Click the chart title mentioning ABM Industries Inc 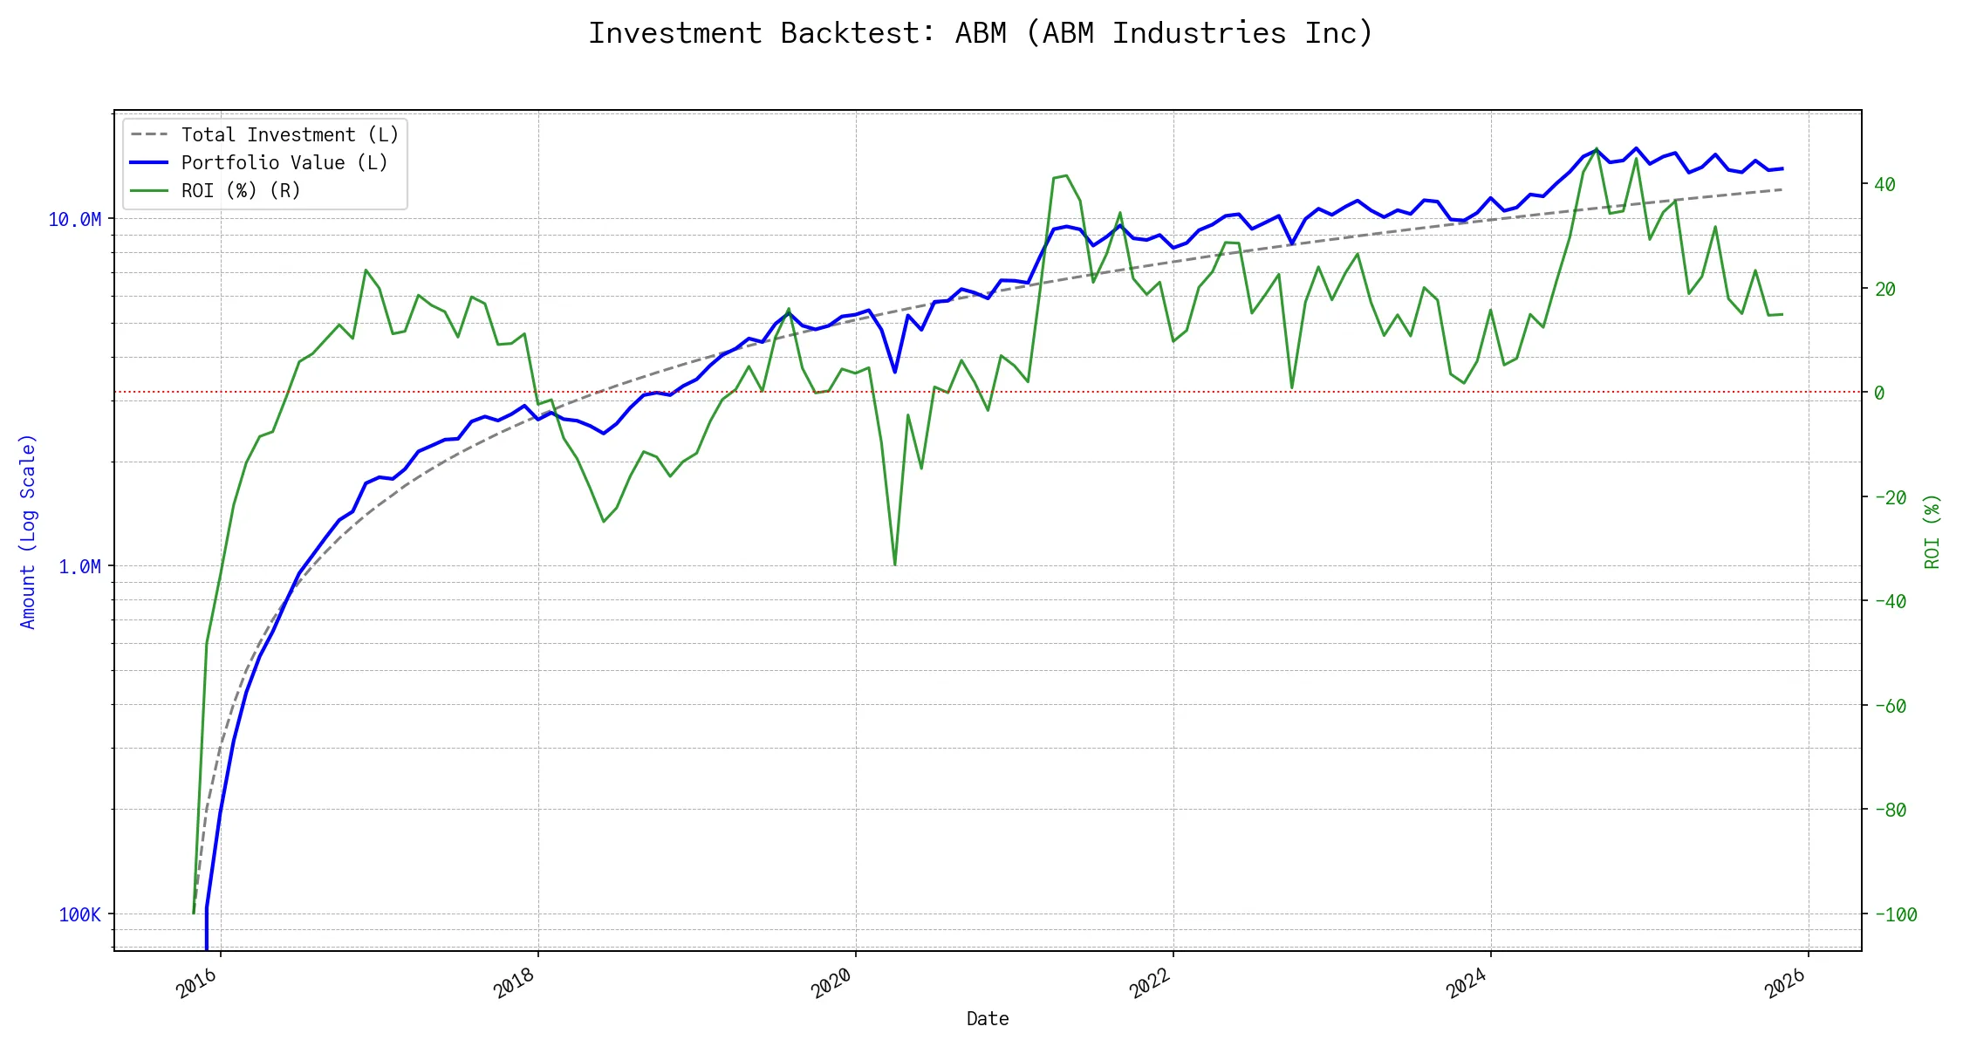point(981,33)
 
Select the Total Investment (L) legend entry point(290,135)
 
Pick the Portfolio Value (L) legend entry point(284,163)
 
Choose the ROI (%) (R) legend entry point(241,191)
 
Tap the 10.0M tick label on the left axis point(74,220)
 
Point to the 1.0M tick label point(79,567)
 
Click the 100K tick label point(79,915)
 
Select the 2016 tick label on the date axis point(197,985)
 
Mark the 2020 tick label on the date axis point(832,985)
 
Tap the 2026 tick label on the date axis point(1785,985)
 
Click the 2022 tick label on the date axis point(1150,985)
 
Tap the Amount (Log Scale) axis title point(28,531)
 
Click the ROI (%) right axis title point(1932,531)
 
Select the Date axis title point(988,1019)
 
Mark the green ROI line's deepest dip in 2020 point(895,565)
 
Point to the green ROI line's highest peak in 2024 point(1597,149)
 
